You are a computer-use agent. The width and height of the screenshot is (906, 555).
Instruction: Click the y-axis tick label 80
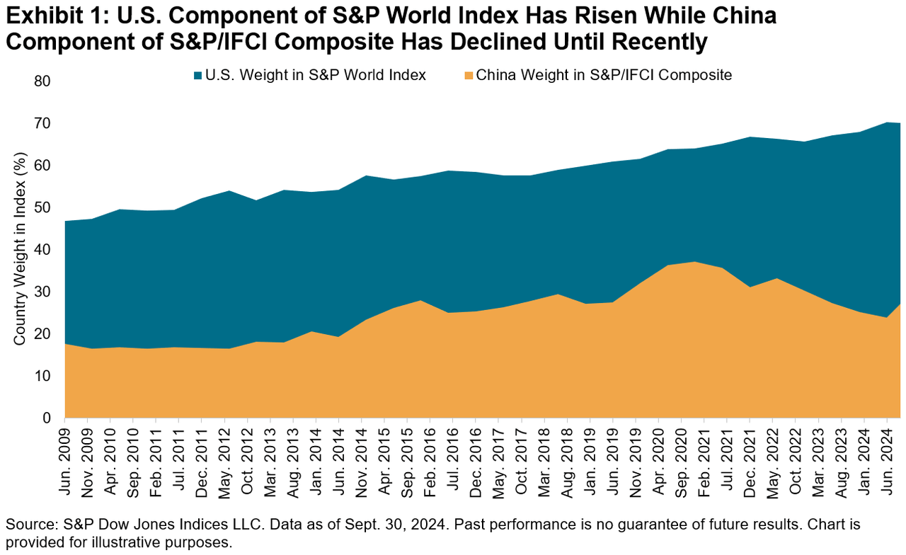pos(44,81)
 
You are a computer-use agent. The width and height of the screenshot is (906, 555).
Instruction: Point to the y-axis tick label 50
pos(44,207)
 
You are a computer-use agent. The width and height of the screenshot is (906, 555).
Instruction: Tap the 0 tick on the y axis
pos(47,418)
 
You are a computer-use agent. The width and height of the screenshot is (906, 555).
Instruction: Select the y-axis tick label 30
pos(44,292)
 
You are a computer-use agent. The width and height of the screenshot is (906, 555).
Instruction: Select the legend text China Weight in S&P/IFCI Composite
pos(604,75)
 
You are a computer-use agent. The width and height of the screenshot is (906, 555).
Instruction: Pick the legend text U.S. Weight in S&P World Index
pos(316,75)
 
